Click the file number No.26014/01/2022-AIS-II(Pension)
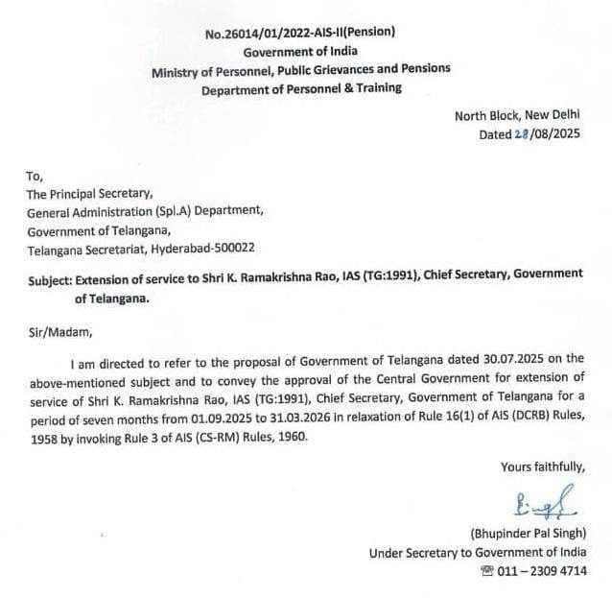coord(300,34)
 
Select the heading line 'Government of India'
coord(300,52)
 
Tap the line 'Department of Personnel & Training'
coord(301,88)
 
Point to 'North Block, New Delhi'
coord(525,116)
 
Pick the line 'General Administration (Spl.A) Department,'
coord(144,211)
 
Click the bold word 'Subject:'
coord(53,275)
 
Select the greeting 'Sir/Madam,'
coord(59,332)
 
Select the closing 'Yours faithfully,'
coord(542,467)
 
